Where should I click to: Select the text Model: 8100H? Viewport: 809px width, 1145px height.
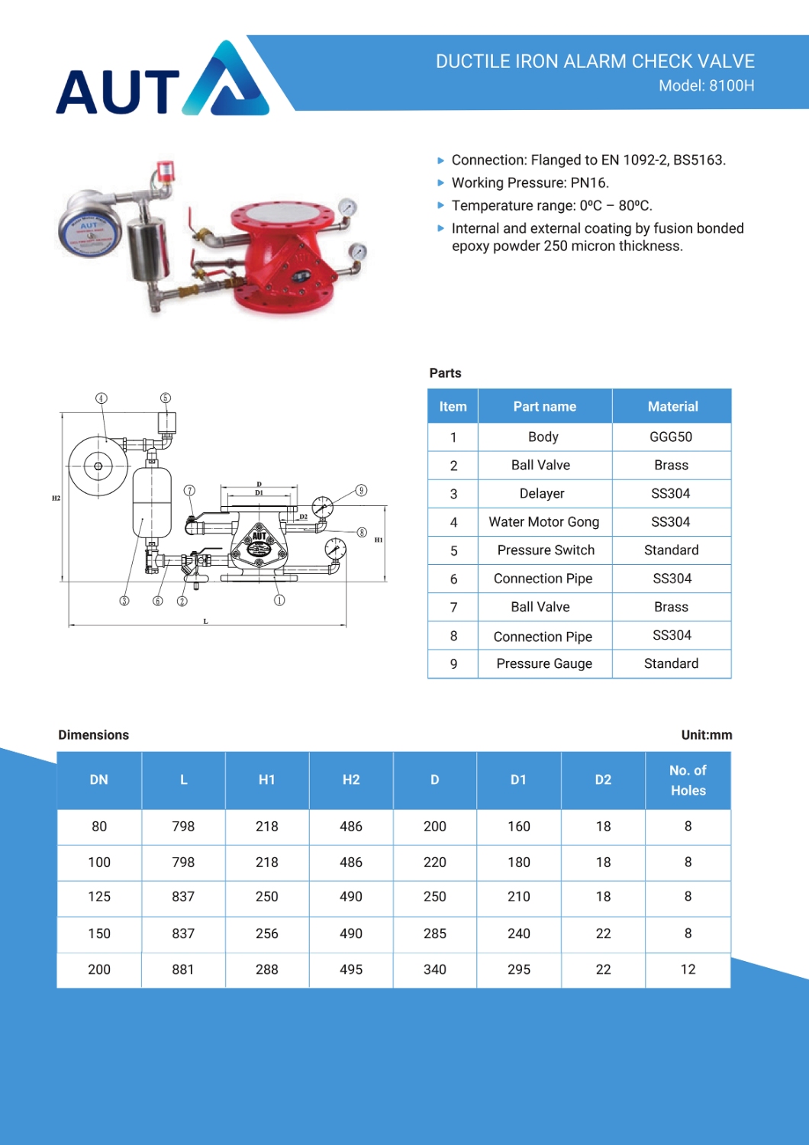coord(706,86)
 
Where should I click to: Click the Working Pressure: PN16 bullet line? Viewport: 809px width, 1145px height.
coord(530,183)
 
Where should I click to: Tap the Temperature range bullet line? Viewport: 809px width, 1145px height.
coord(551,206)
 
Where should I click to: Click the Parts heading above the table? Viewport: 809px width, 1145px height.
coord(445,373)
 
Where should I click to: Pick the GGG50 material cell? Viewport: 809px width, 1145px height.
coord(671,437)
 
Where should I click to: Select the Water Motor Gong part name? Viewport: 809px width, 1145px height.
coord(543,522)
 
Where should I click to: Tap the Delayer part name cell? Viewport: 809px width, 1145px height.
coord(542,494)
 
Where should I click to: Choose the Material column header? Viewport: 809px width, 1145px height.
coord(672,407)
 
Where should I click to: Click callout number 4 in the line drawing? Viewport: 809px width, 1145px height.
coord(102,398)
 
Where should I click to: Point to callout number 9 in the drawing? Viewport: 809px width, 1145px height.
coord(362,490)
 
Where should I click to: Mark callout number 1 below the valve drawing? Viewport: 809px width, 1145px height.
coord(279,601)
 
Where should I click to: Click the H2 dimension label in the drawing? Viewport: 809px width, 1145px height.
coord(56,498)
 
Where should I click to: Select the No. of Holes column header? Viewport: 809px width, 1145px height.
coord(688,780)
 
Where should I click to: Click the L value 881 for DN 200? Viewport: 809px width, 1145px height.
coord(183,969)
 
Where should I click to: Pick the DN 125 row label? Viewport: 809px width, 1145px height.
coord(99,897)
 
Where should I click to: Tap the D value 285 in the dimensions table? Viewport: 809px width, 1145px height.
coord(435,934)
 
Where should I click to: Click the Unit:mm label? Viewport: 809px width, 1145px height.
coord(706,735)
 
